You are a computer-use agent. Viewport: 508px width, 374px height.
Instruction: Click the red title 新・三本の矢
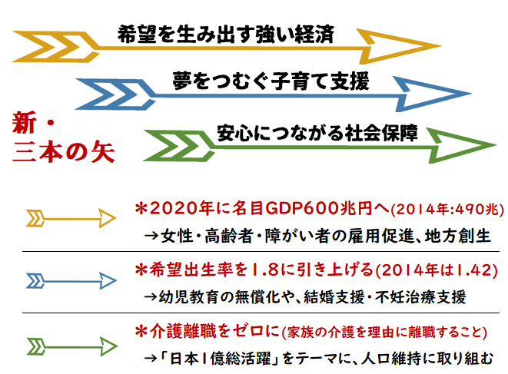click(63, 137)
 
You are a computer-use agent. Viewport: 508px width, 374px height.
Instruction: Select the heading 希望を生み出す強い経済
click(226, 34)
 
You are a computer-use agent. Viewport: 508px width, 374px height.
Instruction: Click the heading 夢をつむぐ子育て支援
click(271, 81)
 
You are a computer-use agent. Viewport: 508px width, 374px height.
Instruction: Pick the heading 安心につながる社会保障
click(317, 132)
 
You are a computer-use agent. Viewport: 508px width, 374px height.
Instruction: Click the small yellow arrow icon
click(71, 219)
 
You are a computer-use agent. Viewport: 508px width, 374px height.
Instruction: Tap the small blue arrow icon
click(71, 281)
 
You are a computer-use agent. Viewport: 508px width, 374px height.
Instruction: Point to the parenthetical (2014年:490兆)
click(447, 210)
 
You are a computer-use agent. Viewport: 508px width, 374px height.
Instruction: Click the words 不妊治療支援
click(420, 297)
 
